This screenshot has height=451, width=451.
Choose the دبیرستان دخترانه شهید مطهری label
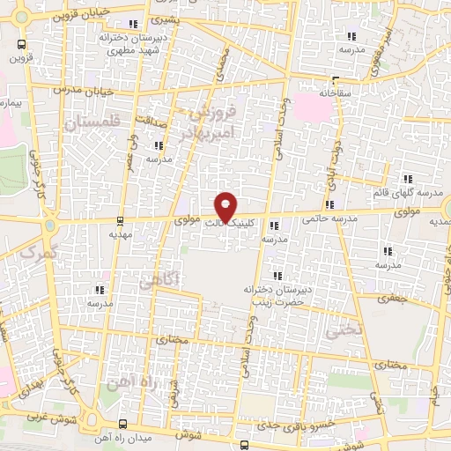pos(133,43)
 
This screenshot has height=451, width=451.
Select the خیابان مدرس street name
pos(72,89)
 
